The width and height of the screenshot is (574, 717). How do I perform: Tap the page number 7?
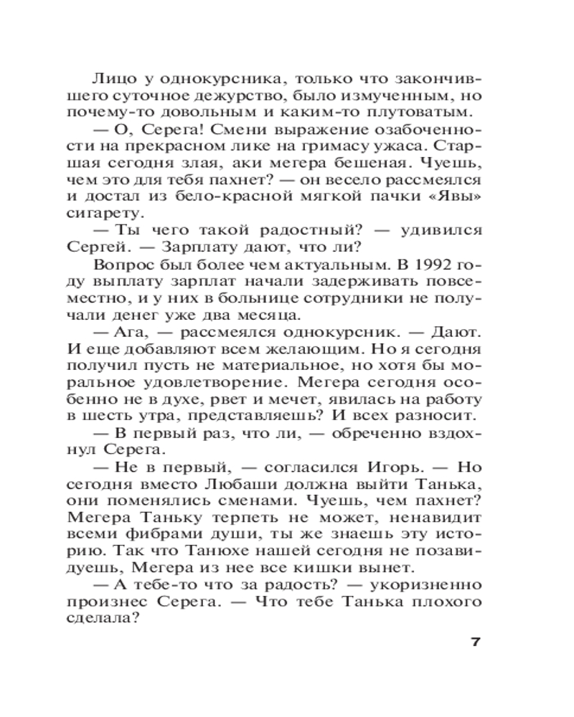(x=475, y=641)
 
